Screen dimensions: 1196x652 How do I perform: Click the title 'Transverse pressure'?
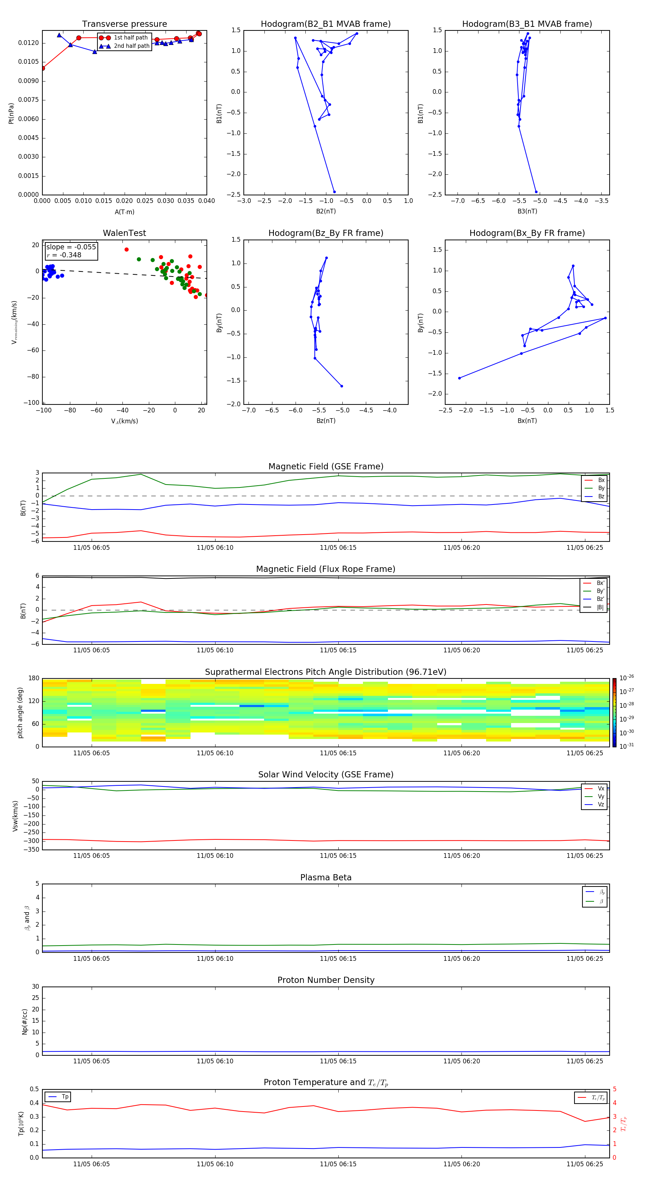coord(124,24)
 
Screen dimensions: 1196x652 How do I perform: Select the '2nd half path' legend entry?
coord(131,46)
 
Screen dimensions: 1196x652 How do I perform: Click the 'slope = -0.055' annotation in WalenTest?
coord(71,247)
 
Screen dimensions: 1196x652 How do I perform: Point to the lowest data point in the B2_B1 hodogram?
coord(334,192)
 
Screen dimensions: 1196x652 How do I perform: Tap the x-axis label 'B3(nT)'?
coord(527,211)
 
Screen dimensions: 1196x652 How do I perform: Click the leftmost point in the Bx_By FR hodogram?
coord(459,378)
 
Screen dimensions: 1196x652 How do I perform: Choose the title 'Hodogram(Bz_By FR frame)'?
coord(326,233)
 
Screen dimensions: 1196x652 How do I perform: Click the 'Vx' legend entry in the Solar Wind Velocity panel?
coord(601,788)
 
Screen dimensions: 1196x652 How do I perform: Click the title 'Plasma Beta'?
coord(326,877)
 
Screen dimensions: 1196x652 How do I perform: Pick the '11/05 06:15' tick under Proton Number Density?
coord(338,1061)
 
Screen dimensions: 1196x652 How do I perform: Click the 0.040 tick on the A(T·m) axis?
coord(206,201)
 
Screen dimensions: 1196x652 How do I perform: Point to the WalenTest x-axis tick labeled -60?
coord(96,410)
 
